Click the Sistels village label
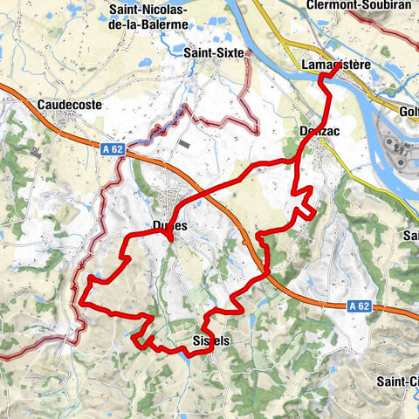coord(209,341)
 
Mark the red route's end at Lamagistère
coord(327,75)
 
